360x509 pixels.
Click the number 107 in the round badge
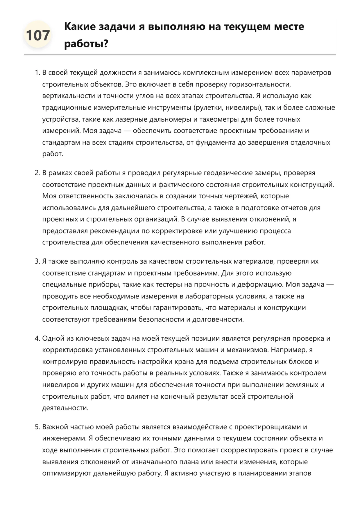click(38, 35)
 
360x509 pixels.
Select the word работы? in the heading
click(86, 44)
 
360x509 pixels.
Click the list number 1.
click(37, 73)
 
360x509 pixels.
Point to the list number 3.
click(37, 261)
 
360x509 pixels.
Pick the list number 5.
click(37, 427)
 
